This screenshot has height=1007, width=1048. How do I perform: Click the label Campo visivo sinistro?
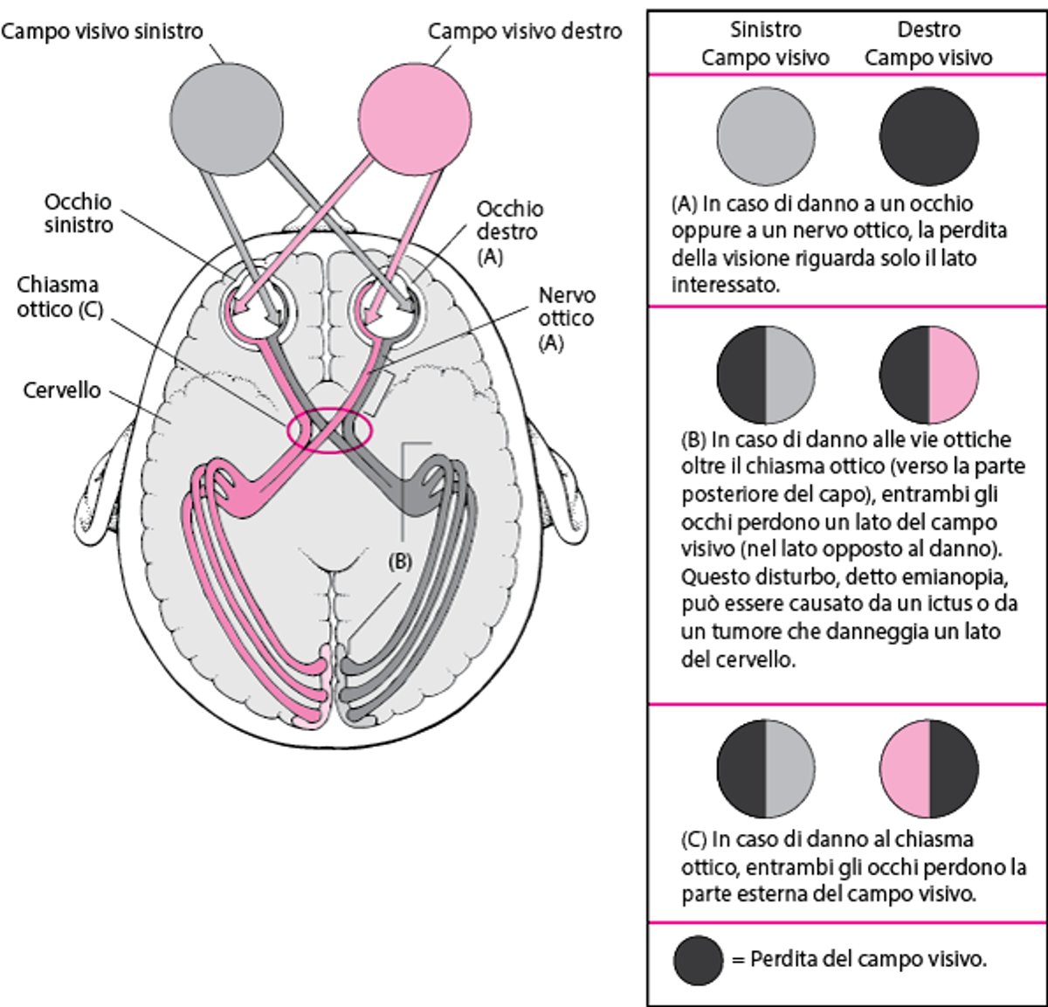coord(101,32)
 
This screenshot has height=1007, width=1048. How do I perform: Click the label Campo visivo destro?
coord(524,32)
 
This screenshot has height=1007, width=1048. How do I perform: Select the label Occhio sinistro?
coord(79,213)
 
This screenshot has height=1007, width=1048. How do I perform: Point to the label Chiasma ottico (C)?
coord(59,297)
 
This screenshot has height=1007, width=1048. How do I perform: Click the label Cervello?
coord(61,390)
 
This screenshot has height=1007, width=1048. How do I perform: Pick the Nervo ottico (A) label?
coord(566,318)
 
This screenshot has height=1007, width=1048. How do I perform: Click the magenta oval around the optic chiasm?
coord(329,430)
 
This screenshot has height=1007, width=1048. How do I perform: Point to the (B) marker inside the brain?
coord(398,562)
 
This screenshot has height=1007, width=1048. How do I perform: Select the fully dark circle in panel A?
coord(928,136)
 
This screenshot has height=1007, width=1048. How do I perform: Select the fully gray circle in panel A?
coord(766,136)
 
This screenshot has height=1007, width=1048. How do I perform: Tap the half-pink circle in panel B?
coord(928,376)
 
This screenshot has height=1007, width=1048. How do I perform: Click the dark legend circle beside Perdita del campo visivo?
coord(699,960)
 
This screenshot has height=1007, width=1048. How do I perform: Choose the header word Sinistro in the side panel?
coord(765,30)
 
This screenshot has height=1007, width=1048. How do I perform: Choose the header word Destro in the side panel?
coord(928,30)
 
